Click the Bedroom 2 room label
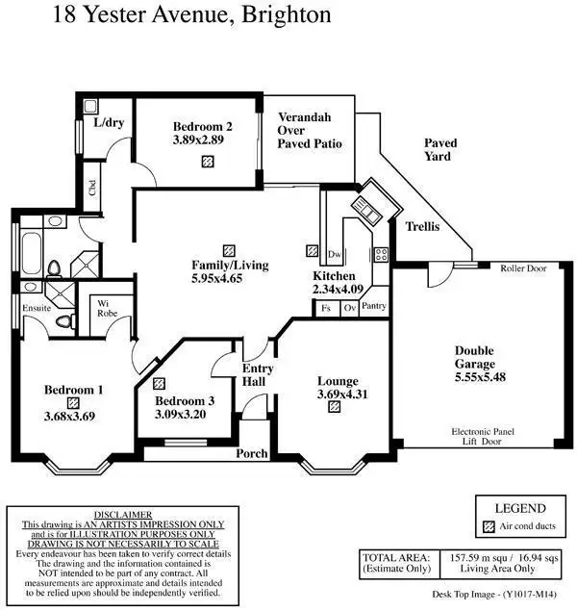(203, 126)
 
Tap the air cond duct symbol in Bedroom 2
(208, 161)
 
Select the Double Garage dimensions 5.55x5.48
(480, 377)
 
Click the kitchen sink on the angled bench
(366, 210)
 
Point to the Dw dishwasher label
(334, 254)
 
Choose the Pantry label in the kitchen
(373, 306)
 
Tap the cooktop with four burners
(381, 254)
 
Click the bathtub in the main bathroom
(32, 253)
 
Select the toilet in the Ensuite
(65, 321)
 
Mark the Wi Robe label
(107, 308)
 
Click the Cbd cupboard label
(92, 188)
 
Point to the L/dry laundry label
(109, 122)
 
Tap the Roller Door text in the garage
(523, 268)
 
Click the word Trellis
(422, 226)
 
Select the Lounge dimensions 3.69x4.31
(342, 394)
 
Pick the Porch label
(252, 453)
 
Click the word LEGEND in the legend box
(520, 508)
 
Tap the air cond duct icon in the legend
(489, 527)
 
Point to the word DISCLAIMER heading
(123, 515)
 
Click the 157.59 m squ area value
(478, 558)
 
